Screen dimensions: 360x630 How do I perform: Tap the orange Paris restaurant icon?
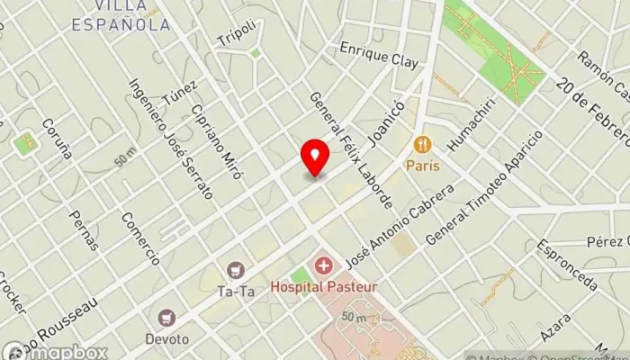pos(421,144)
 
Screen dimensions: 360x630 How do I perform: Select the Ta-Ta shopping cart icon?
pos(236,269)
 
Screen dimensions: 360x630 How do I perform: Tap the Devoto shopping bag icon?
pos(166,318)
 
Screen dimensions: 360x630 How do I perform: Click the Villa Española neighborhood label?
pos(121,17)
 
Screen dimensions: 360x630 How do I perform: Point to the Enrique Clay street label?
pos(378,55)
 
